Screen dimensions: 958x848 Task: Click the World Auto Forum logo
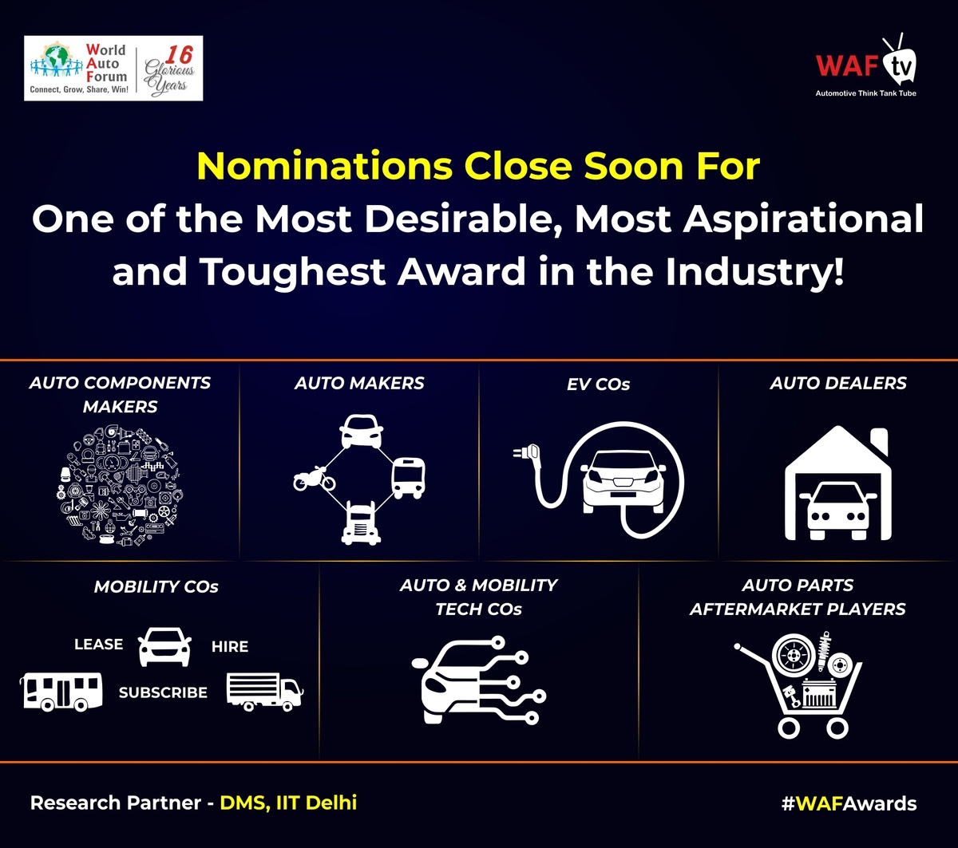tap(113, 68)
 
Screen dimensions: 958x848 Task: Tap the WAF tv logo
tap(866, 66)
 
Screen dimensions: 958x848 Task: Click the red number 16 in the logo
tap(179, 55)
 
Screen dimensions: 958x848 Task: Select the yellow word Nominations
tap(325, 166)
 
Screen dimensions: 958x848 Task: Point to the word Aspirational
tap(803, 219)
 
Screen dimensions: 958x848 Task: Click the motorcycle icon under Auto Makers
tap(315, 479)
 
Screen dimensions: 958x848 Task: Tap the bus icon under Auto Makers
tap(409, 478)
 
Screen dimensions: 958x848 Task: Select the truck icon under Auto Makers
tap(361, 523)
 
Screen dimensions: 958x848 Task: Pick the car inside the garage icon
tap(838, 511)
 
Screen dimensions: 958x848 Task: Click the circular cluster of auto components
tap(120, 486)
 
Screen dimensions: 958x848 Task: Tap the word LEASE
tap(99, 644)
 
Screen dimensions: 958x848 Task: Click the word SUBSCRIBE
tap(163, 692)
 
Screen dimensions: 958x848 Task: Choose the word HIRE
tap(230, 646)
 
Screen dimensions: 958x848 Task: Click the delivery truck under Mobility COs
tap(265, 692)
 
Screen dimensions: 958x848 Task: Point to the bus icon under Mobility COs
tap(61, 692)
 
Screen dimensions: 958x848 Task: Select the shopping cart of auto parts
tap(799, 684)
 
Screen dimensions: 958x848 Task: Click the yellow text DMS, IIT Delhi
tap(288, 803)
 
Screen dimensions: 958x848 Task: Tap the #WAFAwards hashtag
tap(849, 803)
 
